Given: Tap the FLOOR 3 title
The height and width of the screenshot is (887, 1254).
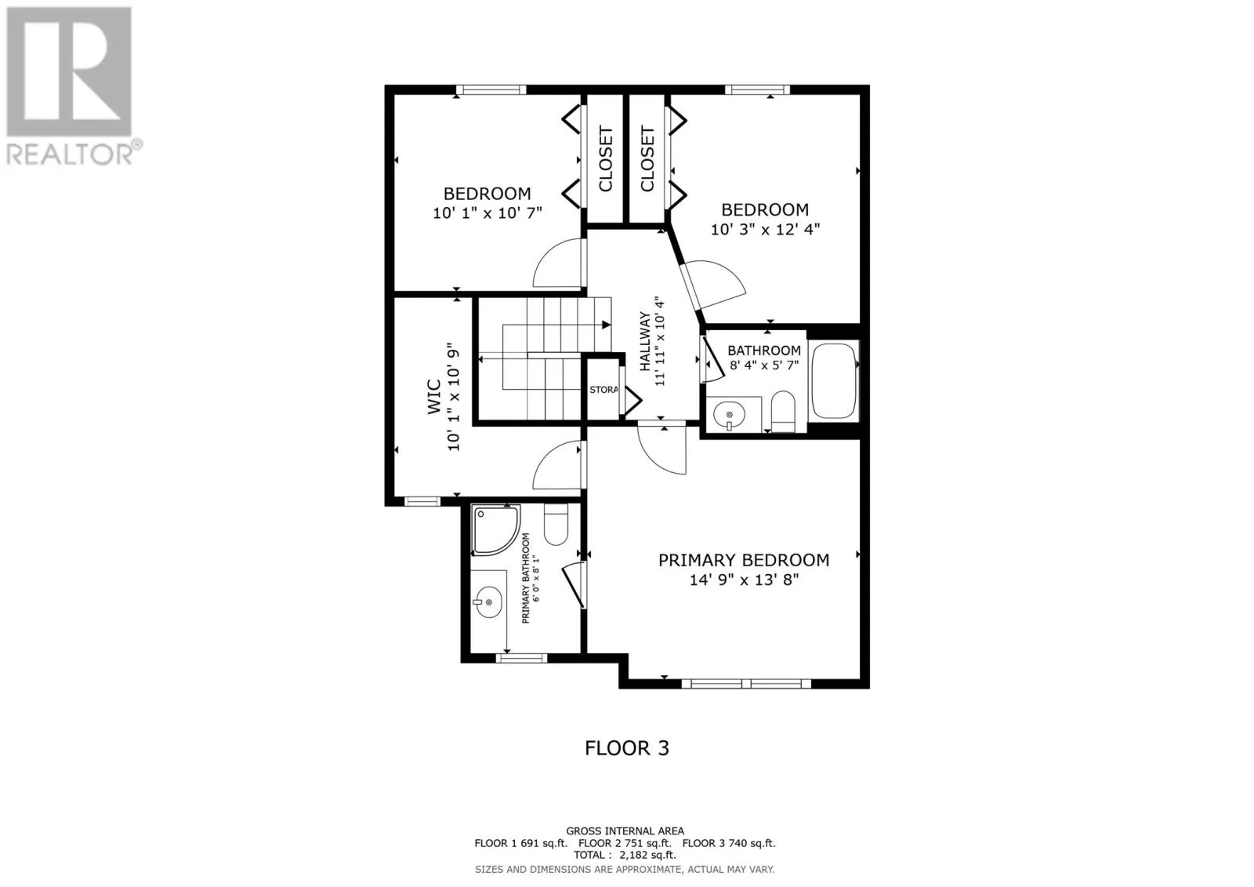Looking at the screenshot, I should click(x=627, y=748).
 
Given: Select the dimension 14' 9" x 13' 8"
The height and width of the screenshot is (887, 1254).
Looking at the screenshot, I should click(x=744, y=580).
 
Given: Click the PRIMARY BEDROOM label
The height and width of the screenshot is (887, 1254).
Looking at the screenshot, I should click(x=743, y=560).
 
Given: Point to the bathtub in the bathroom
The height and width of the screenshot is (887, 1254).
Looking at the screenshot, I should click(x=834, y=381).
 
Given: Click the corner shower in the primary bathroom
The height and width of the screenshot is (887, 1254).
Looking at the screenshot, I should click(x=495, y=529).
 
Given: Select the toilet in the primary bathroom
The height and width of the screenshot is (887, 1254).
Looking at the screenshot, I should click(x=556, y=525).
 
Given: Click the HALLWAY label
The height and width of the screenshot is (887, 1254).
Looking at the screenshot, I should click(x=644, y=341).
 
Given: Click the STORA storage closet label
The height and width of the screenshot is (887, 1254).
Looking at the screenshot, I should click(x=603, y=390).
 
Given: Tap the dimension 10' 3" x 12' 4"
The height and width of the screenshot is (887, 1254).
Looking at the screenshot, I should click(x=765, y=230).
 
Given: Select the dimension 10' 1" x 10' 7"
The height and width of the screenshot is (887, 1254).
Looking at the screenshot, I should click(x=487, y=213).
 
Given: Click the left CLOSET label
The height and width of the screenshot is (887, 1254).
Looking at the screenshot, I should click(x=605, y=159).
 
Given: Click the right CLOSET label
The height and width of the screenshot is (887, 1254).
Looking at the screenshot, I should click(x=647, y=159).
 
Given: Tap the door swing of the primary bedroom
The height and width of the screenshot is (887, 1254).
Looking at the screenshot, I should click(x=663, y=450).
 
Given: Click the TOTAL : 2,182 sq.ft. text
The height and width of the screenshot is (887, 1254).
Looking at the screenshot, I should click(x=625, y=856).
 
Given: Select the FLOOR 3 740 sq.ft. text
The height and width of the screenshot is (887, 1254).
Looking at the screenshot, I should click(x=729, y=843).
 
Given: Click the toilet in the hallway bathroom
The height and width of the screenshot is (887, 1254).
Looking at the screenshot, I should click(x=783, y=412).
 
